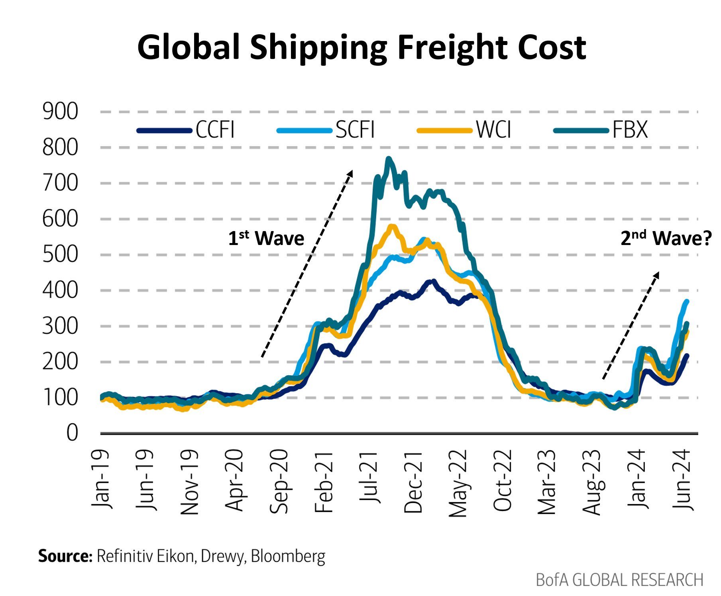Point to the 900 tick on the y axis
(x=60, y=112)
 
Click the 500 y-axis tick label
(x=60, y=255)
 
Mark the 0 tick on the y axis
(x=72, y=433)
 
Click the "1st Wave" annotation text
(x=266, y=238)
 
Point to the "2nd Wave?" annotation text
(x=666, y=238)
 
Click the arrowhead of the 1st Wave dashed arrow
(x=351, y=173)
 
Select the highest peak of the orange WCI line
(x=393, y=226)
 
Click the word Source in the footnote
(x=65, y=556)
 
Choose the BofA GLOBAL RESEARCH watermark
(x=619, y=580)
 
